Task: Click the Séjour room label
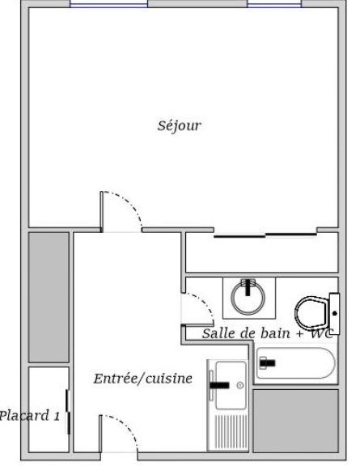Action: [180, 125]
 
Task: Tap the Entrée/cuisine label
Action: [143, 379]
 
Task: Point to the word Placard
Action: [24, 416]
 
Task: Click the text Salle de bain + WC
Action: [267, 333]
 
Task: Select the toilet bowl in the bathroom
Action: [311, 311]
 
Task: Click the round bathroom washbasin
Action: [248, 298]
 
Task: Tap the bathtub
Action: [296, 363]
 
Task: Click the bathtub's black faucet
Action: [268, 363]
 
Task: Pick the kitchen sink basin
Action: [231, 385]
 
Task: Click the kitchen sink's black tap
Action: [219, 385]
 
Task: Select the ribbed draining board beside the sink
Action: [231, 432]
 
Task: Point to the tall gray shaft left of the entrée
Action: [49, 297]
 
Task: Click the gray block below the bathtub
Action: [296, 421]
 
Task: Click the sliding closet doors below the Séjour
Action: [265, 236]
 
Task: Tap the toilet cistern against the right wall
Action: [334, 314]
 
